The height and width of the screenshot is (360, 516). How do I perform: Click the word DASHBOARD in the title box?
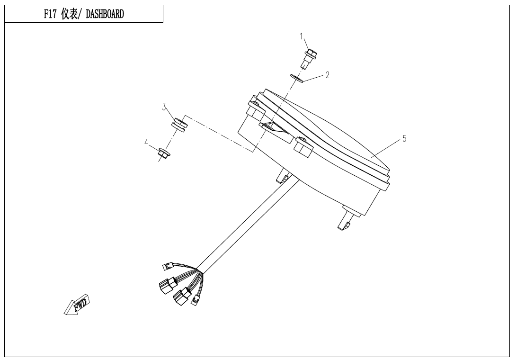[x=105, y=14]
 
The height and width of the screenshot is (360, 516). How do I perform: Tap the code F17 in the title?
[x=51, y=14]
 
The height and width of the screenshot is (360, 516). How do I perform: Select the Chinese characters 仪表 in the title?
[x=71, y=14]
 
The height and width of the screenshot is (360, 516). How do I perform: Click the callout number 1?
[x=302, y=36]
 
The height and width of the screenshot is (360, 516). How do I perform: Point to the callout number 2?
[x=327, y=75]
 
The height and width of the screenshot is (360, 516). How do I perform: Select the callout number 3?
[x=164, y=107]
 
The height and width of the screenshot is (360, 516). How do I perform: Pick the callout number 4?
[x=147, y=142]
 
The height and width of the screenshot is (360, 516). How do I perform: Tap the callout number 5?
[x=404, y=139]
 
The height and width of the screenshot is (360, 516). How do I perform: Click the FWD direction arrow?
[x=78, y=306]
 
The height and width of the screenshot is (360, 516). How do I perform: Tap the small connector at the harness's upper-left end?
[x=167, y=266]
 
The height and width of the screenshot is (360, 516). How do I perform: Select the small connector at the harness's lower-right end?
[x=195, y=299]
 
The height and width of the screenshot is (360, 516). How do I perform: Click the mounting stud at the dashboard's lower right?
[x=345, y=223]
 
